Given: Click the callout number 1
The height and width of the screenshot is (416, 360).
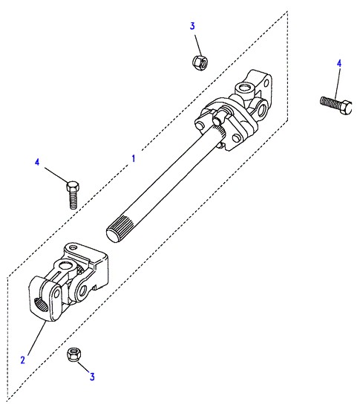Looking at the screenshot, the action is point(134,158).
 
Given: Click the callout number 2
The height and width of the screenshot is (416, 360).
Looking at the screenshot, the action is point(23,360).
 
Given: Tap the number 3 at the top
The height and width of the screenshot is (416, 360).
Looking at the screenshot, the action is point(192,26).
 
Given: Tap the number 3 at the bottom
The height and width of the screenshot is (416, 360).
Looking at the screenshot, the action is point(92,377).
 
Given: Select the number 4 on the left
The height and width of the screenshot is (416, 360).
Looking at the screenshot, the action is point(37,162).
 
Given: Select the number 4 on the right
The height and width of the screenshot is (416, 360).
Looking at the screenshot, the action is point(339,63).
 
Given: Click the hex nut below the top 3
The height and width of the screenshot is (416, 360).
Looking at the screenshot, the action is point(200,62).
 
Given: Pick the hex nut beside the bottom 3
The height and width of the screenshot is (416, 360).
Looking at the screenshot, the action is point(74,354).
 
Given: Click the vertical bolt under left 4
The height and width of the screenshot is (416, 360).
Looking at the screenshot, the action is point(73,195).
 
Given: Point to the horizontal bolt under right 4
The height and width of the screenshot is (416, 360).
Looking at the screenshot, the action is point(336,105).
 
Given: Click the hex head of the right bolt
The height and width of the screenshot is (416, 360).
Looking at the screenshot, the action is point(346,107).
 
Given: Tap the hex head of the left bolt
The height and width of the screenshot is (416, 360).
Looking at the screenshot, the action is point(73,186).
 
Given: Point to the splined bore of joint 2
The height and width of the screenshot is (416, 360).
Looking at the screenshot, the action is point(42,305).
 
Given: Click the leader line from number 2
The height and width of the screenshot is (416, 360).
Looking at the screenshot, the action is point(37,337).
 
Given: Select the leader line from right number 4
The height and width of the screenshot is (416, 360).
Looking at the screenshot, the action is point(337,84).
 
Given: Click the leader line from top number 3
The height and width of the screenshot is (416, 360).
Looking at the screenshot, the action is point(199,45).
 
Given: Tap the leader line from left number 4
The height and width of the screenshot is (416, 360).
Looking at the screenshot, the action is point(56,175).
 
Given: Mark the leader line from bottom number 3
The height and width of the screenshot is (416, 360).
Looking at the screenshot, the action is point(84,367).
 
